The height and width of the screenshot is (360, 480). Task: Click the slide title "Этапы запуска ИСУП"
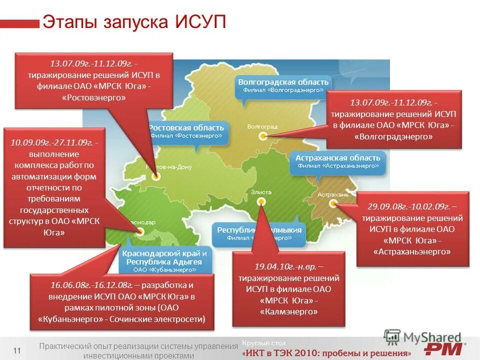[134, 22]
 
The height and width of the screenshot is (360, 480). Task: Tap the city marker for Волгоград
[262, 136]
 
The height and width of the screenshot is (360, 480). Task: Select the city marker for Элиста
[261, 201]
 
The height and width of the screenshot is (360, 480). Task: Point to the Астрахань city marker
[333, 202]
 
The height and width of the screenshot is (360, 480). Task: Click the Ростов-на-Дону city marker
[156, 176]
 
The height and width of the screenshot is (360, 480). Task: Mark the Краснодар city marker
[140, 231]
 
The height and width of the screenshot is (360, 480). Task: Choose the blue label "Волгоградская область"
[283, 85]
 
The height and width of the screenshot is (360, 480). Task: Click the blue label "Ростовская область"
[186, 131]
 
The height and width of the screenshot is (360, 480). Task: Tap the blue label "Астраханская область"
[337, 161]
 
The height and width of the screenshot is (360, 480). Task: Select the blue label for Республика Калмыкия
[259, 233]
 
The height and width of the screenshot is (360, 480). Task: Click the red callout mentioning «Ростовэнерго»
[94, 80]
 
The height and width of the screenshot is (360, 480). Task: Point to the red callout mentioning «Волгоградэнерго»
[393, 119]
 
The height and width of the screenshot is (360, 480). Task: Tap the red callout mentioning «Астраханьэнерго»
[412, 228]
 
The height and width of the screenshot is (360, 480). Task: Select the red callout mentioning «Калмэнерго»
[289, 288]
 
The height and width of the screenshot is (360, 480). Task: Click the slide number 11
[17, 350]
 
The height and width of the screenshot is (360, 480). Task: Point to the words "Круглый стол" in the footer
[263, 343]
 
